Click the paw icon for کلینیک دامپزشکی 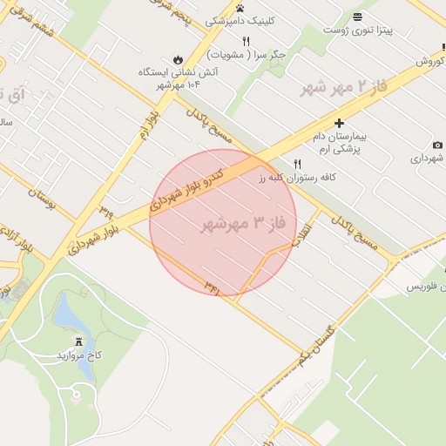tap(240, 8)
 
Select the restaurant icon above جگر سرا tap(247, 41)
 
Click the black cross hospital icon tap(339, 124)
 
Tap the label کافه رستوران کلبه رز tap(297, 177)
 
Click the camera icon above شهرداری tap(436, 145)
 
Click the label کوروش tap(429, 62)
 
